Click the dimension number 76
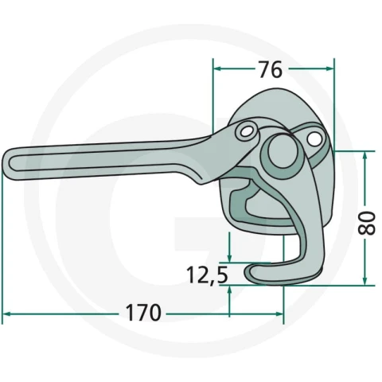pyautogui.click(x=271, y=69)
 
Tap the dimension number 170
pyautogui.click(x=143, y=313)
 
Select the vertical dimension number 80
pyautogui.click(x=367, y=224)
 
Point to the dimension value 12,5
pyautogui.click(x=207, y=275)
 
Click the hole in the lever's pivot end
pyautogui.click(x=246, y=131)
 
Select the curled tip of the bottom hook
pyautogui.click(x=248, y=272)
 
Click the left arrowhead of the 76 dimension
pyautogui.click(x=217, y=68)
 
